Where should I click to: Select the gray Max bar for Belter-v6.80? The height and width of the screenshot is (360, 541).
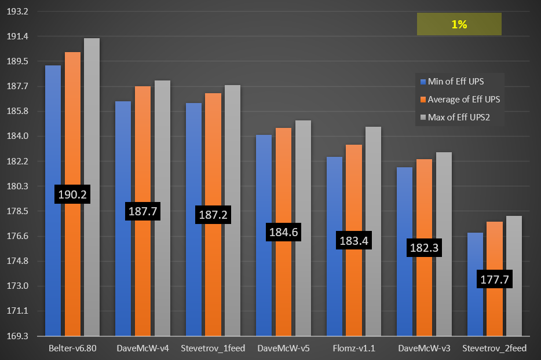(92, 185)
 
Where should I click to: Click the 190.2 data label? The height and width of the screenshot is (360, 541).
(72, 194)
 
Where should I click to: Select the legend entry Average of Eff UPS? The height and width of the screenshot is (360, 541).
(463, 100)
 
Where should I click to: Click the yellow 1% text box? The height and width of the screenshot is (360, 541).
(459, 25)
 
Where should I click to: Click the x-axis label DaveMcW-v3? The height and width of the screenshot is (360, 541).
(423, 349)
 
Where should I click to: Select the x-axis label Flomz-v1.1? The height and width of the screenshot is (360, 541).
(353, 349)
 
